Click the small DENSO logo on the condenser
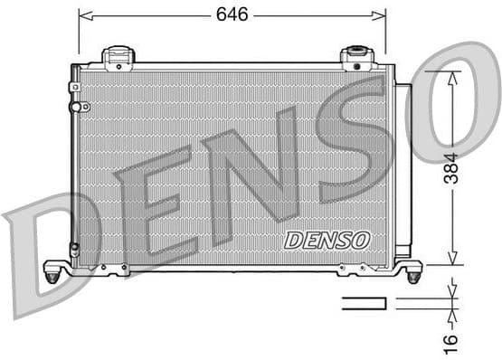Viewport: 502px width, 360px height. coord(327,240)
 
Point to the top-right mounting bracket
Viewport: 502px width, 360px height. coord(356,59)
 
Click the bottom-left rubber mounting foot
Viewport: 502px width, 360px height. coord(52,272)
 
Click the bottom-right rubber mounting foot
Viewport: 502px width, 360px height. coord(413,272)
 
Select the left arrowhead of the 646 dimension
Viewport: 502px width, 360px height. coord(84,14)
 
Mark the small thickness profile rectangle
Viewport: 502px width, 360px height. coord(364,303)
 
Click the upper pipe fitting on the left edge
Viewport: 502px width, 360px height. coord(75,88)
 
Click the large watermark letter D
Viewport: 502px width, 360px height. coord(41,253)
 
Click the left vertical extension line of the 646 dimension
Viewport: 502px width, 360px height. coord(79,32)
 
